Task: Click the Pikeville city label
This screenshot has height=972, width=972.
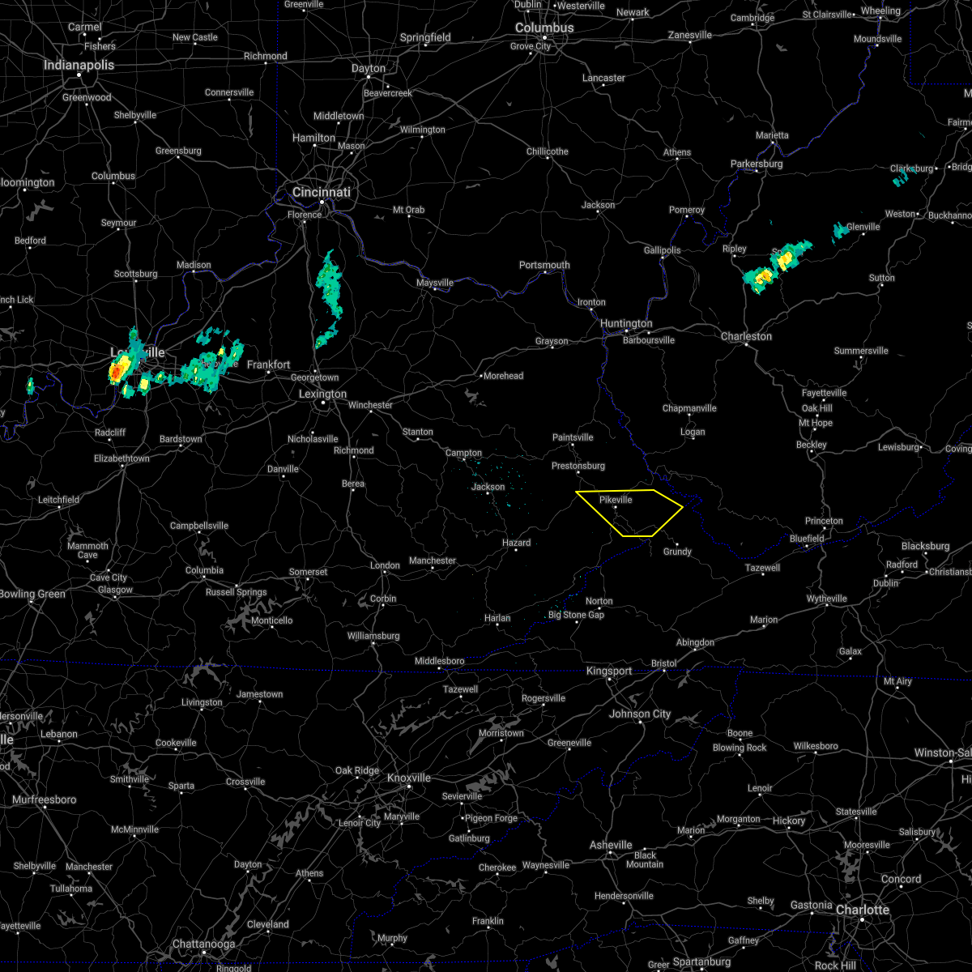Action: click(616, 500)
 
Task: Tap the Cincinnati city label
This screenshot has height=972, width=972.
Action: click(322, 192)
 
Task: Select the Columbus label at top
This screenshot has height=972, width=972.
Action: click(545, 28)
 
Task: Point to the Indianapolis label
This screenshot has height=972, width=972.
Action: click(79, 65)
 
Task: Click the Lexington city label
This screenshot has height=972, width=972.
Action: click(322, 394)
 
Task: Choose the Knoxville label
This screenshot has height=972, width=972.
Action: click(408, 778)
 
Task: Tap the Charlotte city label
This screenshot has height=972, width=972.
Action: click(863, 910)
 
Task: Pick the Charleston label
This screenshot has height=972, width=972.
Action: click(746, 336)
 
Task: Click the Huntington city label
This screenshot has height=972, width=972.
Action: click(626, 323)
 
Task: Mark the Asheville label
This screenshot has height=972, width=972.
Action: click(611, 845)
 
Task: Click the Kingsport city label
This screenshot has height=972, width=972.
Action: click(609, 671)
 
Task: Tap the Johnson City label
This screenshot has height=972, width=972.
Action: click(640, 714)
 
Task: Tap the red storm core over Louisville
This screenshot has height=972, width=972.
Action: click(117, 372)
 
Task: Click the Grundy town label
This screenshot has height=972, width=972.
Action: click(677, 552)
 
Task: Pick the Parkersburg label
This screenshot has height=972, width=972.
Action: click(757, 164)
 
